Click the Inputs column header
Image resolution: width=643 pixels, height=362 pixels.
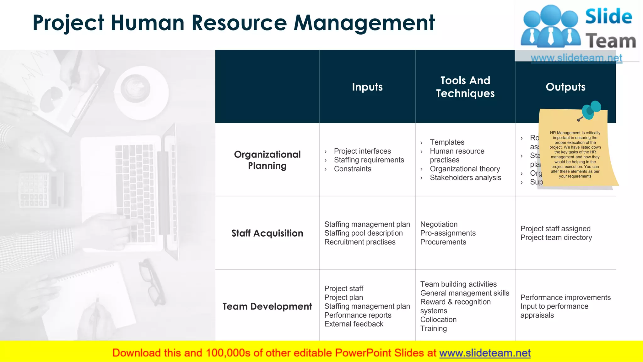pyautogui.click(x=367, y=87)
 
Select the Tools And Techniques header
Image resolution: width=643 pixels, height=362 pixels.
pyautogui.click(x=465, y=87)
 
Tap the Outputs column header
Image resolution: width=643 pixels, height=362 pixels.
pyautogui.click(x=565, y=87)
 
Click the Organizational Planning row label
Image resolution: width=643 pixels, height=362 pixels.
pyautogui.click(x=267, y=160)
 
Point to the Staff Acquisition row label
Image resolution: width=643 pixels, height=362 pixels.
pyautogui.click(x=267, y=233)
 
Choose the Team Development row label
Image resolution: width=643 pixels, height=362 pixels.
pyautogui.click(x=267, y=306)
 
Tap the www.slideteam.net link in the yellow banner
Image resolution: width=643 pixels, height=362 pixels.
pyautogui.click(x=485, y=353)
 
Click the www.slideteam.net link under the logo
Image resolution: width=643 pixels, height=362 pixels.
pyautogui.click(x=576, y=58)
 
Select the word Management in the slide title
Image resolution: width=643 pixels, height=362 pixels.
pyautogui.click(x=364, y=23)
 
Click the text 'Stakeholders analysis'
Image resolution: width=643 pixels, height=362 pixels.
pyautogui.click(x=465, y=178)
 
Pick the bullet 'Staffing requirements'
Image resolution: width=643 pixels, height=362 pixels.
pyautogui.click(x=369, y=160)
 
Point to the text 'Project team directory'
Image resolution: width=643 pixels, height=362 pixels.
pyautogui.click(x=556, y=238)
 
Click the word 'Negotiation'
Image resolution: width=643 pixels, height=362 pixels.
pyautogui.click(x=439, y=224)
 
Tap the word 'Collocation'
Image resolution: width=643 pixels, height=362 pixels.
pyautogui.click(x=438, y=320)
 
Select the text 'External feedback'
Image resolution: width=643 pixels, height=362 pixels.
pyautogui.click(x=354, y=324)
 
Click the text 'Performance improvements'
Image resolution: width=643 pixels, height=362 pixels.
pyautogui.click(x=565, y=297)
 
